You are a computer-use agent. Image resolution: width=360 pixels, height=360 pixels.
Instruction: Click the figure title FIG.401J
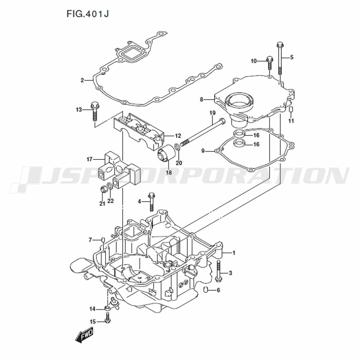click(x=87, y=14)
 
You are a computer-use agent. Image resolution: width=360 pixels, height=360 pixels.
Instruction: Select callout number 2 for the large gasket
click(x=82, y=80)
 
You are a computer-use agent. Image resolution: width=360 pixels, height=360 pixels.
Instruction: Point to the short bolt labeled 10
click(x=269, y=62)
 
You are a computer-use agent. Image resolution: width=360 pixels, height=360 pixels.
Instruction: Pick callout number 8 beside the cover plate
click(x=201, y=99)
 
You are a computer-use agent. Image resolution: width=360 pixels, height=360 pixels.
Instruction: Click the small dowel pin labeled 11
click(x=291, y=109)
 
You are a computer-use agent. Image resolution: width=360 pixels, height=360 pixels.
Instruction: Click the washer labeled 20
click(x=177, y=147)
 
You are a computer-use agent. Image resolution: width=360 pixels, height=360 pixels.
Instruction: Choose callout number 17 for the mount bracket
click(x=90, y=159)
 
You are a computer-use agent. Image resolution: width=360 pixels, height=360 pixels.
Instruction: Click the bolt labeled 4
click(x=151, y=202)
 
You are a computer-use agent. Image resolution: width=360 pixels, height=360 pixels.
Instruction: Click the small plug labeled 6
click(x=206, y=290)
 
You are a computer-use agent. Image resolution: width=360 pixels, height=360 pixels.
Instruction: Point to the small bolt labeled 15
click(x=107, y=318)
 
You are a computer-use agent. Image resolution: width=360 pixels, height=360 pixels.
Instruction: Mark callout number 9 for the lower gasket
click(x=203, y=151)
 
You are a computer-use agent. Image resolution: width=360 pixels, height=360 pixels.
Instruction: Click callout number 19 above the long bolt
click(x=212, y=113)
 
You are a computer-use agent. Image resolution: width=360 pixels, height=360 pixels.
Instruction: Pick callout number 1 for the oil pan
click(x=234, y=253)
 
